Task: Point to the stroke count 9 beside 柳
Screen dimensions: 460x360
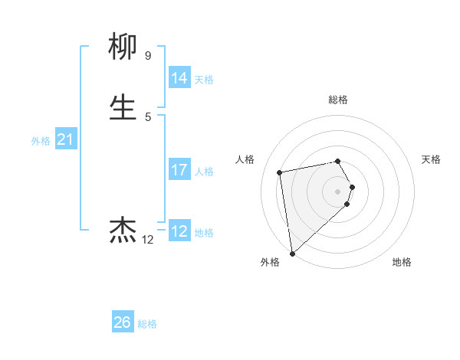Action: pyautogui.click(x=147, y=56)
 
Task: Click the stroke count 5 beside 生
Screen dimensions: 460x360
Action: pyautogui.click(x=147, y=116)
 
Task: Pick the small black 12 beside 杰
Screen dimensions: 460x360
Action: pyautogui.click(x=147, y=240)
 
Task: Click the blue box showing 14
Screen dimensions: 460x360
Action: pyautogui.click(x=179, y=78)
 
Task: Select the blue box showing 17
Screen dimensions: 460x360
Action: pyautogui.click(x=179, y=170)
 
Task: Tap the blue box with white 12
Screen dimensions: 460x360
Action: pyautogui.click(x=179, y=231)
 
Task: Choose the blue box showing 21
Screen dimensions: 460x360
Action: pyautogui.click(x=66, y=139)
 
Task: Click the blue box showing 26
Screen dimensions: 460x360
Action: pyautogui.click(x=123, y=322)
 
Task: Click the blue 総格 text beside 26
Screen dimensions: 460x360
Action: pyautogui.click(x=147, y=324)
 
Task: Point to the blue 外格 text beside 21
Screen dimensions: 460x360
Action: pyautogui.click(x=41, y=141)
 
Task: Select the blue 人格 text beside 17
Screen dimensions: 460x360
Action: pyautogui.click(x=204, y=172)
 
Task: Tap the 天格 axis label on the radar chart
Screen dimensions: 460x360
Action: pyautogui.click(x=431, y=159)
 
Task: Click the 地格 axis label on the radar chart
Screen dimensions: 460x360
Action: pyautogui.click(x=402, y=262)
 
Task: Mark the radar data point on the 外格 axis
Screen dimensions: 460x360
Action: pyautogui.click(x=291, y=254)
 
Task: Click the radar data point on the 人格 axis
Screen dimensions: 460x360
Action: pyautogui.click(x=280, y=172)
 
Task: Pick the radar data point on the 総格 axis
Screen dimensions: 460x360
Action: pyautogui.click(x=337, y=161)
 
